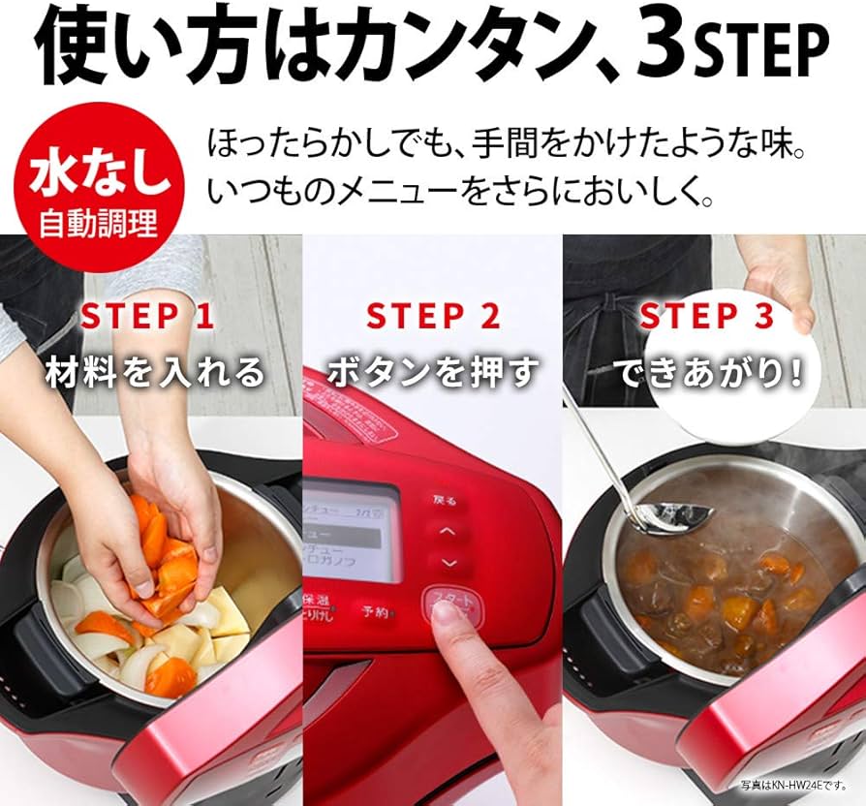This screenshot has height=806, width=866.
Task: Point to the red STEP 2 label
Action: (433, 316)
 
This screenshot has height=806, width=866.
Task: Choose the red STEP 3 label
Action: (707, 316)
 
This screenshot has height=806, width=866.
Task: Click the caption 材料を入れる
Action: (155, 372)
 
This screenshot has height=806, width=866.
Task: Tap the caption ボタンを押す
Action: (433, 372)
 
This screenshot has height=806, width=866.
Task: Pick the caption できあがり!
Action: (712, 372)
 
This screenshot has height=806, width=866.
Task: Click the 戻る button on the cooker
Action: (445, 501)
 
